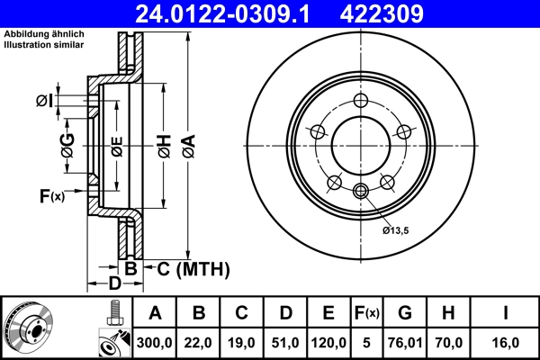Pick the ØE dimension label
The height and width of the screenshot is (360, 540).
click(116, 147)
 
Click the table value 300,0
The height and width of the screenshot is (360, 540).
click(155, 342)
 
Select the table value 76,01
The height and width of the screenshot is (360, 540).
click(405, 342)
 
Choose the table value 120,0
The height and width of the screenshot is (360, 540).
click(328, 342)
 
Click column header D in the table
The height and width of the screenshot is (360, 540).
click(285, 313)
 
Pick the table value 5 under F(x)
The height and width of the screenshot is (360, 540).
click(366, 342)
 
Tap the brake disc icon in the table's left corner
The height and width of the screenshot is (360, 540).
click(29, 327)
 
